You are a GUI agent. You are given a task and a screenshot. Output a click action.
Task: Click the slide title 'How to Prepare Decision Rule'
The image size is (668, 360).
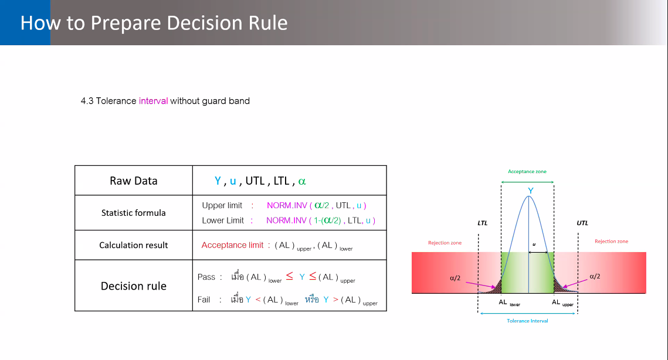point(154,23)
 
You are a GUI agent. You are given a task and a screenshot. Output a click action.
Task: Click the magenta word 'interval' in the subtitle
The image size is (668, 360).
point(154,101)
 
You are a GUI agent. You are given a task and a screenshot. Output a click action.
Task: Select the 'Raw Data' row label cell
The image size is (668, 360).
point(134,181)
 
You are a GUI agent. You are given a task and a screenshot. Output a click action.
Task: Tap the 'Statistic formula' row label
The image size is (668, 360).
point(133,213)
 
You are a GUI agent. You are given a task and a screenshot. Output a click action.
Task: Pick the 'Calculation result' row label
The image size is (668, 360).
point(133,245)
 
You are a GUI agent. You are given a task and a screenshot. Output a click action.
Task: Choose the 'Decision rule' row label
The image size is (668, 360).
point(133,286)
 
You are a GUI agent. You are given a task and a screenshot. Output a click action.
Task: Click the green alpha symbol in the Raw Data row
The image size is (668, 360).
point(302,182)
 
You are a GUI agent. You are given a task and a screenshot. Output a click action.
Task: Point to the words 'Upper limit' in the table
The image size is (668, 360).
point(222,205)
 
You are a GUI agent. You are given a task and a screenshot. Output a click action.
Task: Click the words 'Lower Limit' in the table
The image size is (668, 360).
point(223,220)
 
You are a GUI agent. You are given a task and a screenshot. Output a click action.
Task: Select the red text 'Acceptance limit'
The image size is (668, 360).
point(232,245)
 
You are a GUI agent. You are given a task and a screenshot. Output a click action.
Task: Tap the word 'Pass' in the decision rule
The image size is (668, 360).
point(206,277)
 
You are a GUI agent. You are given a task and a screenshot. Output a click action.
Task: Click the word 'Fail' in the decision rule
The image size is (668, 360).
point(204,300)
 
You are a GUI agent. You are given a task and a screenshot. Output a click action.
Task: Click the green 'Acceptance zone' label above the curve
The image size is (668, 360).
point(527,171)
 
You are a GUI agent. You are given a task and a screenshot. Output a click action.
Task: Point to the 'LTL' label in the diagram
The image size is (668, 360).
point(482,223)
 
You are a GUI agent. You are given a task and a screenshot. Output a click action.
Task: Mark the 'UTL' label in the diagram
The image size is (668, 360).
point(582,223)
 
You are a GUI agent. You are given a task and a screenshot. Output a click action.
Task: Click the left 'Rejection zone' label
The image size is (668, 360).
point(445,242)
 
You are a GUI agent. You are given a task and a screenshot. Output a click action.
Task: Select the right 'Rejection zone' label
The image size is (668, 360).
point(611,241)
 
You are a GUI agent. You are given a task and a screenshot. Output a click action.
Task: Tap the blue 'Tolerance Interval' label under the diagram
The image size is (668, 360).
point(527,321)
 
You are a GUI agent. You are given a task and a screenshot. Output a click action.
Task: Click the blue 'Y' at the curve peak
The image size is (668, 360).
point(530,191)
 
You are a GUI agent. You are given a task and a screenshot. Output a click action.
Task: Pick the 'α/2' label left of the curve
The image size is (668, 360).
point(455,278)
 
